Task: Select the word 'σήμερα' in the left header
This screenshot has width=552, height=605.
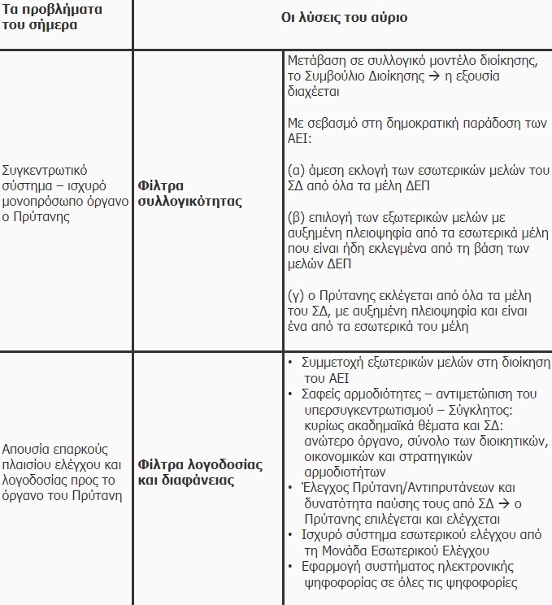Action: (x=56, y=24)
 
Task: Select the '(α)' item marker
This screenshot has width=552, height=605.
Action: (x=297, y=171)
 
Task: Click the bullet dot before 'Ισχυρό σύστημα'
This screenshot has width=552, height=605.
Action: (x=291, y=535)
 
